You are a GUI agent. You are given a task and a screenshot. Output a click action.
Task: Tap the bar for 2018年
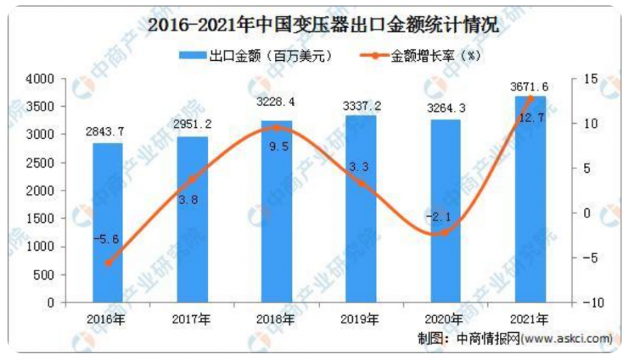[x=276, y=211]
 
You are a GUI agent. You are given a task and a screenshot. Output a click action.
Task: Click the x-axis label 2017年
[x=192, y=319]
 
